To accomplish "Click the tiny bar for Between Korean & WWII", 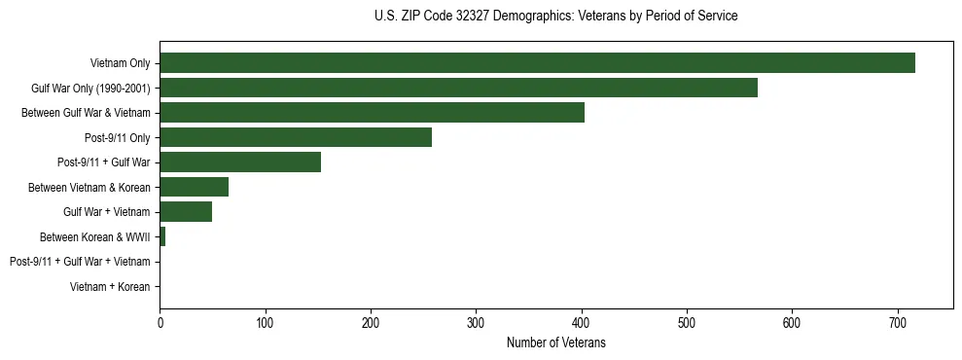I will (162, 236).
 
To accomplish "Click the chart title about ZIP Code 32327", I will (555, 17).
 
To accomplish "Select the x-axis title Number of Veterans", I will (555, 342).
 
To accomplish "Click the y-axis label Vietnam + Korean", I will (110, 286).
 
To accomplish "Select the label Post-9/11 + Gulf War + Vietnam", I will (80, 262).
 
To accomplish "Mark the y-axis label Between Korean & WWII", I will (94, 236).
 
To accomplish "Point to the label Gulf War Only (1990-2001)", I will (90, 89).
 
